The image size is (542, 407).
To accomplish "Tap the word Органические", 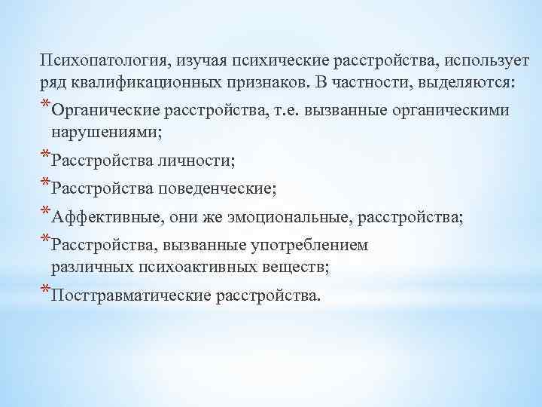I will point(104,111).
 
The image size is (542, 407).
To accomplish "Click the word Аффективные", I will point(104,217).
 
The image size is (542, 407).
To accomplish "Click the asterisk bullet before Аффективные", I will point(46,213).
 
